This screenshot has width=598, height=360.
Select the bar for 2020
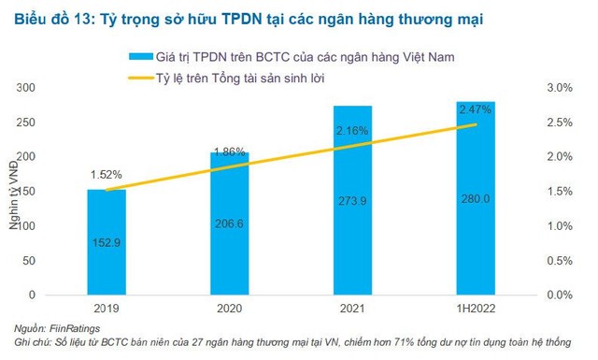tap(229, 224)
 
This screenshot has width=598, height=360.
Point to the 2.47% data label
tap(474, 110)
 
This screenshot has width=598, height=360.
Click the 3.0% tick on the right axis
tap(559, 88)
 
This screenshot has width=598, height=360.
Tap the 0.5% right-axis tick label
tap(559, 260)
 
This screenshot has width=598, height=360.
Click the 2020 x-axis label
tap(229, 307)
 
